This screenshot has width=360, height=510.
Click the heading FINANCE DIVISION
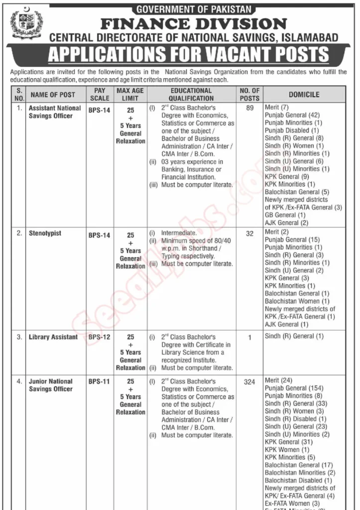click(194, 23)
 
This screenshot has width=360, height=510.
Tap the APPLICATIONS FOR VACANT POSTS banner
click(188, 54)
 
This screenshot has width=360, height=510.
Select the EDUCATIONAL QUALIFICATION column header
click(191, 95)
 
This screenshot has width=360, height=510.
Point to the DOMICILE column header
click(304, 95)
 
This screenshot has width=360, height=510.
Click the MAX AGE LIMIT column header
click(130, 95)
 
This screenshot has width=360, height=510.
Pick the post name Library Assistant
click(53, 337)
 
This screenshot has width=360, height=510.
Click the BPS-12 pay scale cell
click(99, 337)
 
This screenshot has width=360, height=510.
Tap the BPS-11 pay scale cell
click(99, 382)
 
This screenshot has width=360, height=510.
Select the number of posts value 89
click(249, 108)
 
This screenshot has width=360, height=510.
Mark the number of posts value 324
click(249, 382)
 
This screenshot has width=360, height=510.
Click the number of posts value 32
click(249, 233)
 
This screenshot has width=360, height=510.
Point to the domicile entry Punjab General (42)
click(292, 115)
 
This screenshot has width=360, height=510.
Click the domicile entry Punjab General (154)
click(294, 388)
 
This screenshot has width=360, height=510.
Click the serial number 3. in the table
click(19, 337)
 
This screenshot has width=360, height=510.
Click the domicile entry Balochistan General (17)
click(299, 465)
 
